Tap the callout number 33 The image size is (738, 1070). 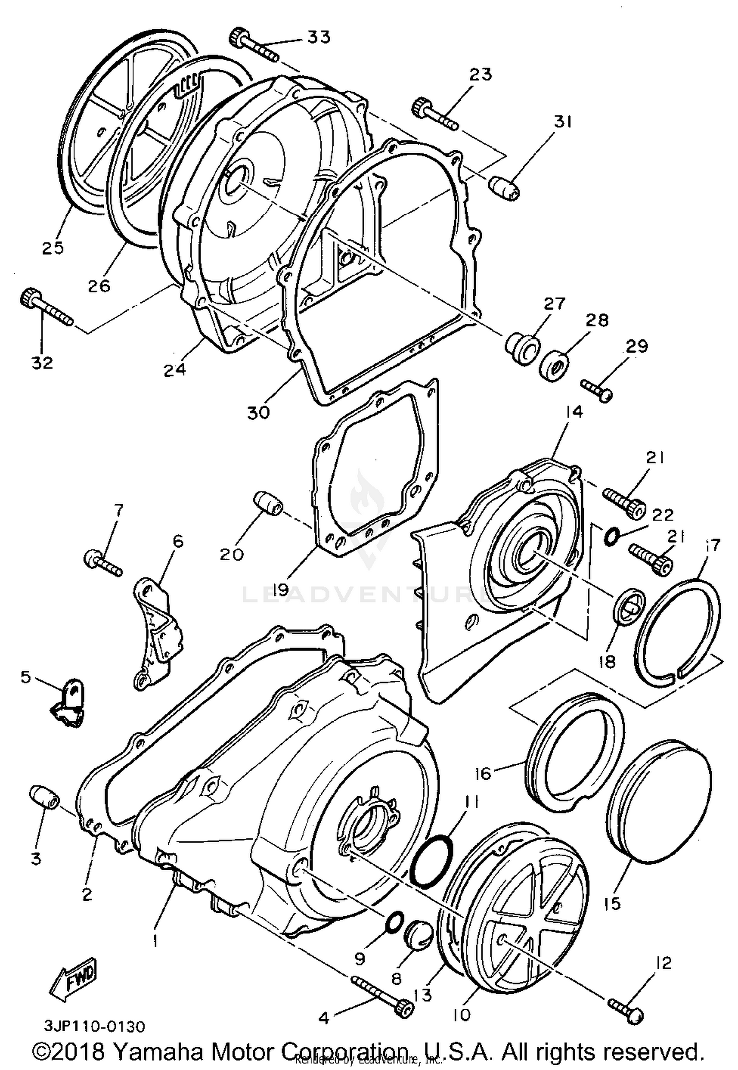pyautogui.click(x=319, y=37)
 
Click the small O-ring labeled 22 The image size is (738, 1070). pyautogui.click(x=610, y=536)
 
